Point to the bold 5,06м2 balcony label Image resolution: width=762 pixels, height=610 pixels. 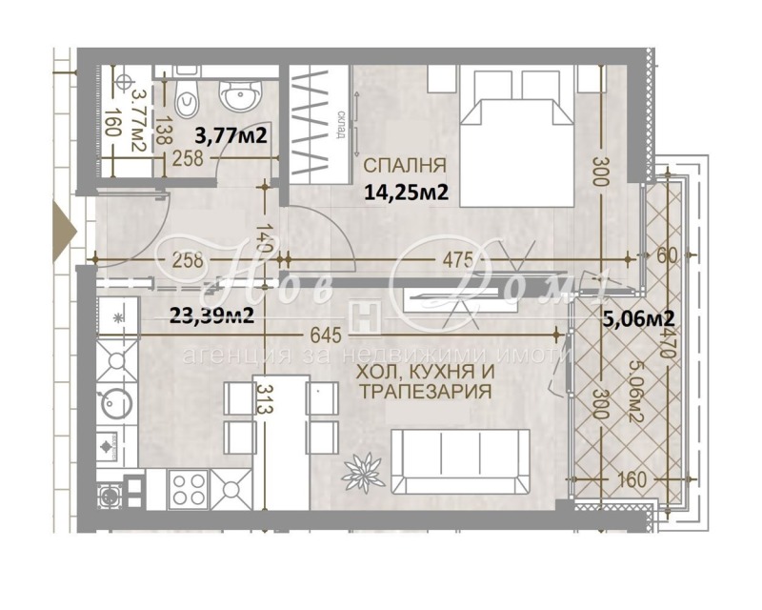pyautogui.click(x=639, y=318)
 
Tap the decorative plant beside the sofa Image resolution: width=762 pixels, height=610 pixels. pyautogui.click(x=364, y=468)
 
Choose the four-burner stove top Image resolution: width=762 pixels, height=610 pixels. pyautogui.click(x=189, y=489)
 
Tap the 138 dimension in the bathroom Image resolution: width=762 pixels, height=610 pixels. pyautogui.click(x=164, y=129)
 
